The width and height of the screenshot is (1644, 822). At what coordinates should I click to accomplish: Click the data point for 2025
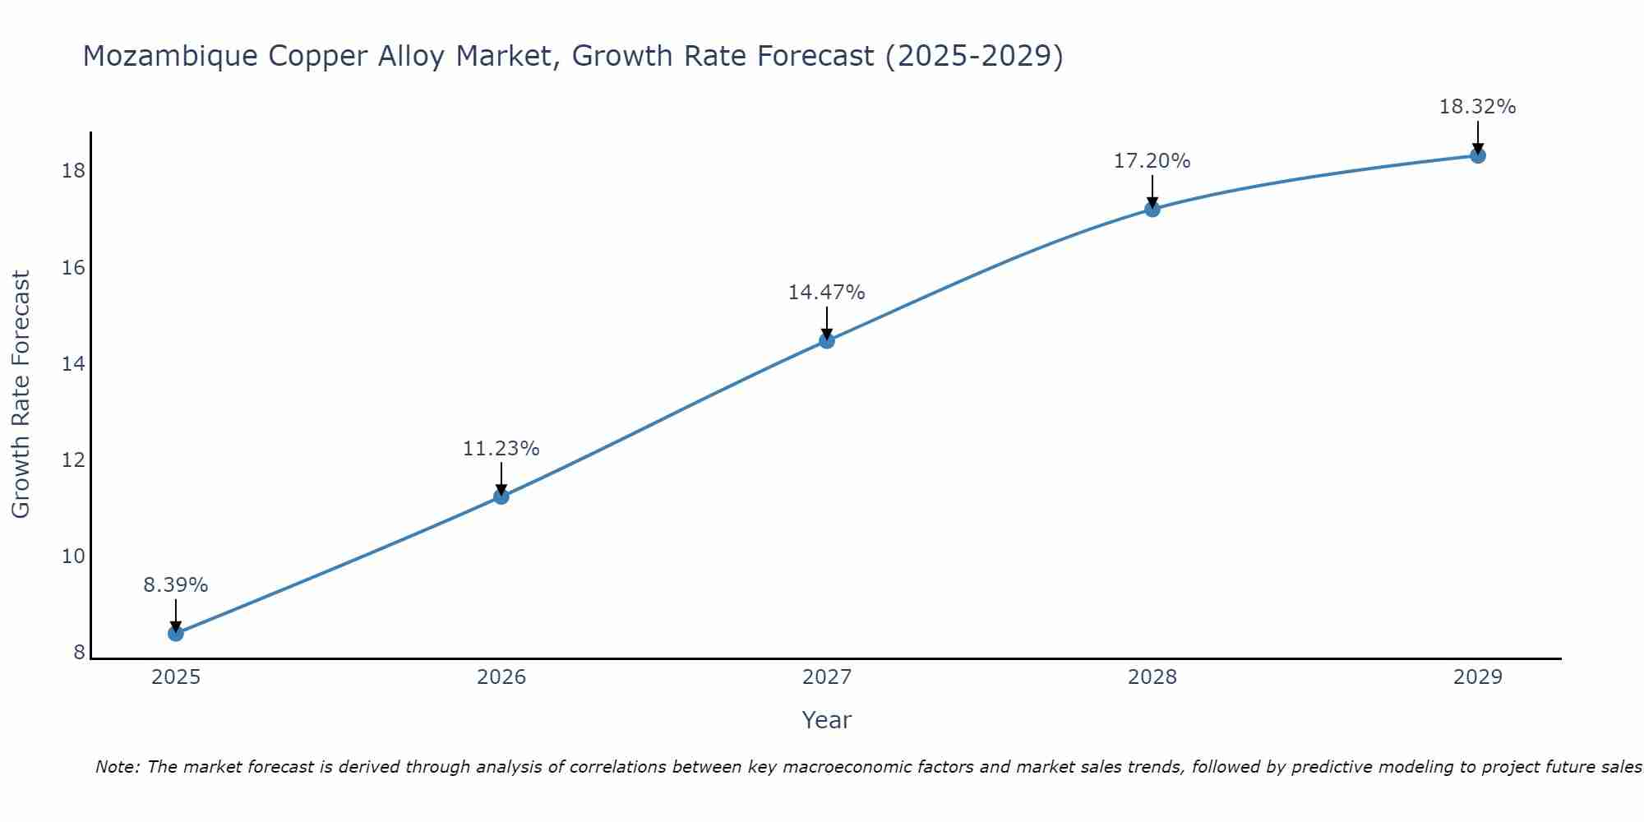(175, 633)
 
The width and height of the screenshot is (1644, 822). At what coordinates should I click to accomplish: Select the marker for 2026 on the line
(501, 496)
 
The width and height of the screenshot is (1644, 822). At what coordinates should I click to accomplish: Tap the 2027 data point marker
(826, 340)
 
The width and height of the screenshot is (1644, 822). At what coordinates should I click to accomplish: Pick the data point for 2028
(1152, 209)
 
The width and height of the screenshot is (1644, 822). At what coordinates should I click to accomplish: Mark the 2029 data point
(1477, 155)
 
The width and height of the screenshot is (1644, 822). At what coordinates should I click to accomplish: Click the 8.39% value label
(175, 585)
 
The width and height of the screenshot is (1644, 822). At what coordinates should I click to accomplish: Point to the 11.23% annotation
(501, 449)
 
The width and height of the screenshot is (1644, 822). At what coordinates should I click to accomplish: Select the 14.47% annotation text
(826, 293)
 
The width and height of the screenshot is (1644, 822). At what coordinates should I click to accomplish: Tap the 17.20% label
(1152, 161)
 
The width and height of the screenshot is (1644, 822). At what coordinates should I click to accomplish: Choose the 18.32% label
(1477, 107)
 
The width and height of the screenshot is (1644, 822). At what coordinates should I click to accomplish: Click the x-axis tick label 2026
(501, 677)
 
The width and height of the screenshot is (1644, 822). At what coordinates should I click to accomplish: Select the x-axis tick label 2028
(1152, 677)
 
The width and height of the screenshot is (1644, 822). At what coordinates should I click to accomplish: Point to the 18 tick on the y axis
(73, 171)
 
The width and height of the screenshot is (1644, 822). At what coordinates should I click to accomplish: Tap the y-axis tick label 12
(73, 460)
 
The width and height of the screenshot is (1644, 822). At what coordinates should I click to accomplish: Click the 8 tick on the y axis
(79, 653)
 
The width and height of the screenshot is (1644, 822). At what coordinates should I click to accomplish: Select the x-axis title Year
(826, 720)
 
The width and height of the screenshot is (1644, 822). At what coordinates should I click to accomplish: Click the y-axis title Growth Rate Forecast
(21, 395)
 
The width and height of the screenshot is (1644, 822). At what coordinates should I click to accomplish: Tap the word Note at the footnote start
(118, 767)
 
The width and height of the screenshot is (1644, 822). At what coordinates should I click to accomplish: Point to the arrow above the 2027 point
(826, 321)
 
